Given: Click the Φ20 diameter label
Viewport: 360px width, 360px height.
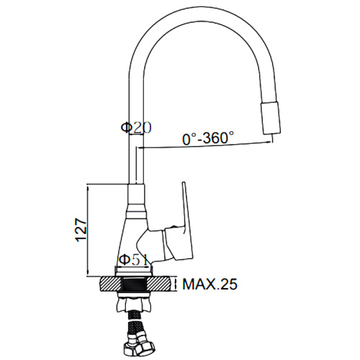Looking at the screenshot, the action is pos(136,127).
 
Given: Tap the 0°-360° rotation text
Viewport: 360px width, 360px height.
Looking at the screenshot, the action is pos(208,138).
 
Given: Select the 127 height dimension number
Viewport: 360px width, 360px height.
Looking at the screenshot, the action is pos(81,230).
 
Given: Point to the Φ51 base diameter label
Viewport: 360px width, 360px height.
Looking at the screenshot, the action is pos(134,259).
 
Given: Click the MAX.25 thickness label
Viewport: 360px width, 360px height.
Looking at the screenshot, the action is pos(210,284).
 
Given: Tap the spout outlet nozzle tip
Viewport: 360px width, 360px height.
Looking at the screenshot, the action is pos(271,117).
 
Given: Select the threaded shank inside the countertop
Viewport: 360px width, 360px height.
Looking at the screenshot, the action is pos(134,284).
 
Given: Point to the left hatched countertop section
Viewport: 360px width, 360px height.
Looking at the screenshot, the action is pos(110,284).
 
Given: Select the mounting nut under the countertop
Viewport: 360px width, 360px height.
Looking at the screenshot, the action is pos(134,304).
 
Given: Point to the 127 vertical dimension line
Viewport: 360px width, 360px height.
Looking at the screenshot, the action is pos(88,230).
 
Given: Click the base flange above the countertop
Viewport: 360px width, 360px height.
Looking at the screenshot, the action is pos(134,271).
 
